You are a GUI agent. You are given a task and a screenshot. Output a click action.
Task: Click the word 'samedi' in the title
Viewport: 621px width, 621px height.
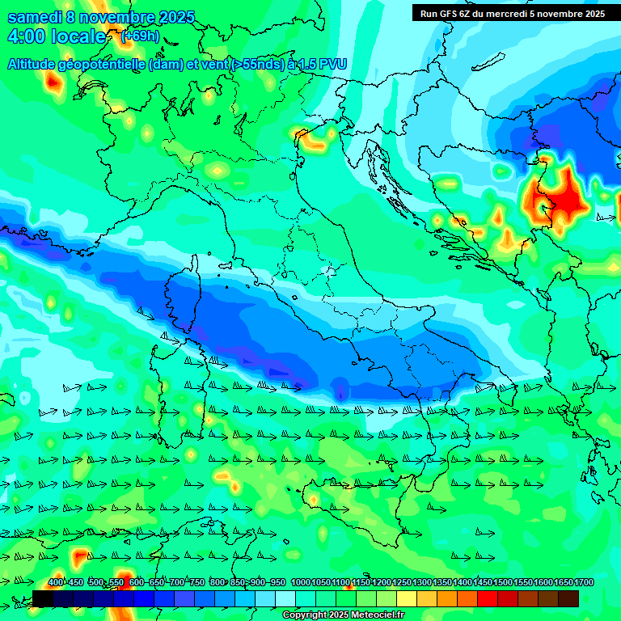[35, 18]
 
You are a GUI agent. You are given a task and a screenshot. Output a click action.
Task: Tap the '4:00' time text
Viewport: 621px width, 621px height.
[26, 37]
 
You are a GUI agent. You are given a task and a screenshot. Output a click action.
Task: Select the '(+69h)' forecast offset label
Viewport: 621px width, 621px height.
[139, 37]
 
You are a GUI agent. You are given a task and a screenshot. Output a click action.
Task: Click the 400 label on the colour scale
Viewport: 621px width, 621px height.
[56, 582]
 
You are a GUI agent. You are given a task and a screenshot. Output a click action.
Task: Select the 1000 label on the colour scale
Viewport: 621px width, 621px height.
[300, 582]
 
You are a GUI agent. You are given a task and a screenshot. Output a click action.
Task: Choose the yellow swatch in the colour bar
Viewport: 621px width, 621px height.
[407, 598]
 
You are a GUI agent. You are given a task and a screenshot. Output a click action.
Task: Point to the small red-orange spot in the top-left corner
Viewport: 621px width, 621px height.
[54, 81]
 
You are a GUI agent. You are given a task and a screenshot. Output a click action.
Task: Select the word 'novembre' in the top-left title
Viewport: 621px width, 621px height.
[119, 18]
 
